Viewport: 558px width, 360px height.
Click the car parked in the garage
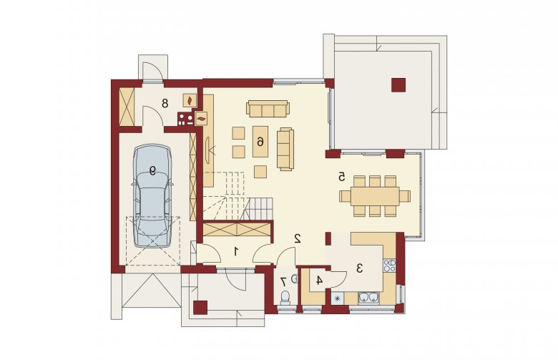152,195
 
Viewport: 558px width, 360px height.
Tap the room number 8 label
165,104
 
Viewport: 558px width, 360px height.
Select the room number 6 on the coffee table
260,142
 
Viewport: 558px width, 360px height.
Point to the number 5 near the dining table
342,176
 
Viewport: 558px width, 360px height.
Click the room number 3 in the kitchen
359,268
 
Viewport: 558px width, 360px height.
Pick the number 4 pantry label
319,281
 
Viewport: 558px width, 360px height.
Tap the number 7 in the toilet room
283,282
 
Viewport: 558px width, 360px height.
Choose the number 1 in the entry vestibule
235,252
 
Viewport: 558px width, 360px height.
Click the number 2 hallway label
298,238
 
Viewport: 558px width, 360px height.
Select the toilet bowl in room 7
285,297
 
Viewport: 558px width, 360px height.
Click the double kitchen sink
368,297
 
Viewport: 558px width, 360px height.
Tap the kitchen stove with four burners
389,266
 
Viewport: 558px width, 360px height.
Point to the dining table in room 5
375,196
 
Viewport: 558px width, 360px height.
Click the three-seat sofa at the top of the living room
268,109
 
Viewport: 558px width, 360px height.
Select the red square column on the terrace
398,85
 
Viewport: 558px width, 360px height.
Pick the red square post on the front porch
200,308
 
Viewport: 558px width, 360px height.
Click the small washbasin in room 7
295,279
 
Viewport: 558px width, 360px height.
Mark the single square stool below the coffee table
260,172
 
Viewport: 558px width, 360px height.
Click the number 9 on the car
152,171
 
